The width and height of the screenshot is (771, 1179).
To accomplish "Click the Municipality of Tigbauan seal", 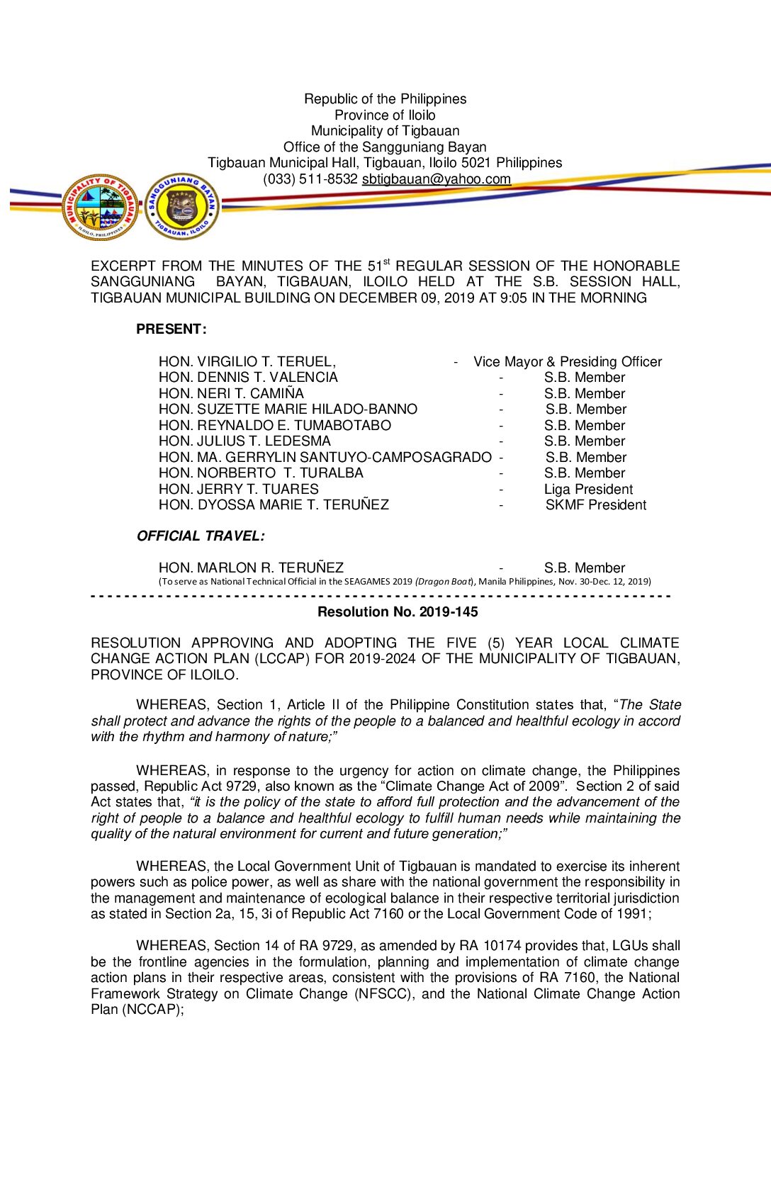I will (x=100, y=208).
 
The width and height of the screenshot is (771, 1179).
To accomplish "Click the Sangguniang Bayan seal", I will (x=182, y=207).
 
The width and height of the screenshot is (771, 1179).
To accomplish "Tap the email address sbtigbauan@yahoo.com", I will (x=436, y=179).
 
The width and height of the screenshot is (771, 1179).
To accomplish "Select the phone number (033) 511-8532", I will (x=310, y=179).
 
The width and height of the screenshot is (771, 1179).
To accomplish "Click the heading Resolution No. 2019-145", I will (x=398, y=612).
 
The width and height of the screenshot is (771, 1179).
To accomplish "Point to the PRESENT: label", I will (x=171, y=329).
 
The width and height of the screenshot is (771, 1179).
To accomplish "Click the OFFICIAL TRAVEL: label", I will (x=201, y=536).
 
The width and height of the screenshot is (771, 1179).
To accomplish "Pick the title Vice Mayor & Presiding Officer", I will (x=568, y=362).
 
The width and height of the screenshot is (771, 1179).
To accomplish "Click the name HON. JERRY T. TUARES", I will (x=239, y=490).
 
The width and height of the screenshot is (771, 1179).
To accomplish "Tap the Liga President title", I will (x=588, y=490).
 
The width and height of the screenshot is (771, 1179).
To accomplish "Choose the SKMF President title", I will (x=595, y=505).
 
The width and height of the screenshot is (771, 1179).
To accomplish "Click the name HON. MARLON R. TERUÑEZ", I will (x=251, y=568).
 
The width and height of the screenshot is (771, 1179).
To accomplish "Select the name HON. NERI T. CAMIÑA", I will (x=231, y=394).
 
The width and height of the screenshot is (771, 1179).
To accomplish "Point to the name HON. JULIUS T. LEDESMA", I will (x=244, y=441).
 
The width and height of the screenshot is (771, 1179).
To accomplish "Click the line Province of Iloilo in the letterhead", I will (x=385, y=115).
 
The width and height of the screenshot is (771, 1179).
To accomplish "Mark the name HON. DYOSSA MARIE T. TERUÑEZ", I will (x=274, y=505).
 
